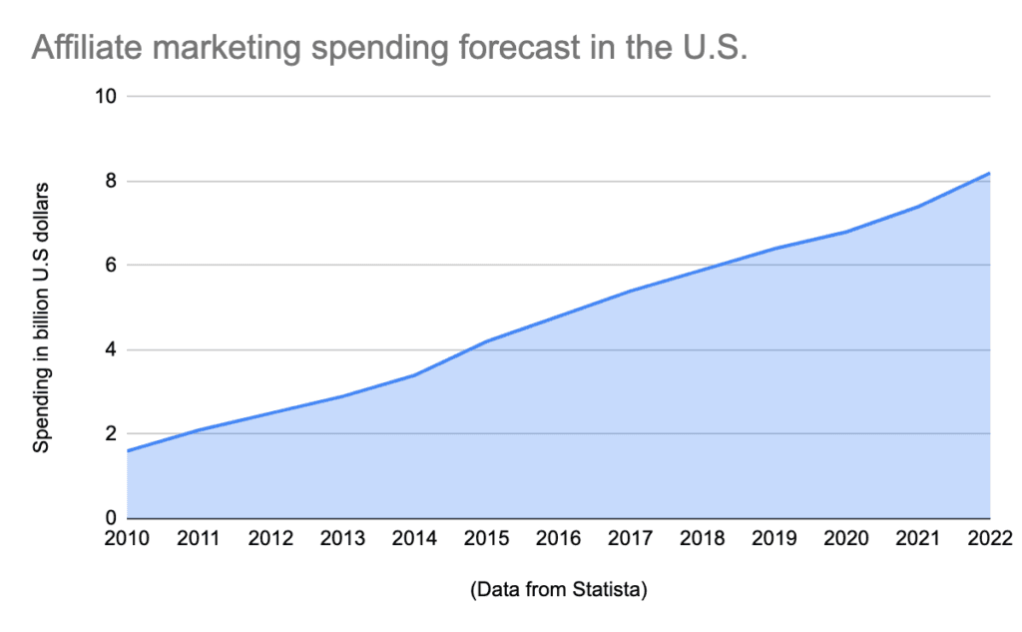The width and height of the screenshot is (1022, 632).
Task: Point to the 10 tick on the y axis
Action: [x=107, y=97]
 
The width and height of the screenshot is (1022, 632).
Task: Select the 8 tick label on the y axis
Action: [x=111, y=182]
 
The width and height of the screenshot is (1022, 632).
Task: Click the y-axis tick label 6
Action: [x=111, y=266]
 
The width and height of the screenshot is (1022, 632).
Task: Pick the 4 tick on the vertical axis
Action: [x=111, y=350]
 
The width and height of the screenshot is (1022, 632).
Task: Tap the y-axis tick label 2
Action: [x=111, y=434]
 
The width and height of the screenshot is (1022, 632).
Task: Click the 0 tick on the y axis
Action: [x=111, y=518]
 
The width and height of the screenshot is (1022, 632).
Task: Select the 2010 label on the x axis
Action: [x=127, y=540]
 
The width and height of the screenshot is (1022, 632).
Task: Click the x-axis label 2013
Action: [x=342, y=540]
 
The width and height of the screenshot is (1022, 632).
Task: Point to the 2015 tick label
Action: [x=486, y=540]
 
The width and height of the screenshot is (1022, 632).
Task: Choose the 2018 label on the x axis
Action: [x=702, y=540]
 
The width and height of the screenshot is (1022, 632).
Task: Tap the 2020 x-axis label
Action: [x=845, y=540]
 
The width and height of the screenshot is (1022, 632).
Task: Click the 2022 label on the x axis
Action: [x=988, y=540]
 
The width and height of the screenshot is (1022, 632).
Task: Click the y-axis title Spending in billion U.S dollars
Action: [x=41, y=316]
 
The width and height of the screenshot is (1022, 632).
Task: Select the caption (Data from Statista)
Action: [x=558, y=591]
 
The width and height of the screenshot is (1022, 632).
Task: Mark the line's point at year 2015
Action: [x=486, y=341]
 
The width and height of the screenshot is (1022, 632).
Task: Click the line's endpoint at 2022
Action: [x=989, y=174]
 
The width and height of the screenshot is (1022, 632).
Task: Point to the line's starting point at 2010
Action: [x=128, y=451]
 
